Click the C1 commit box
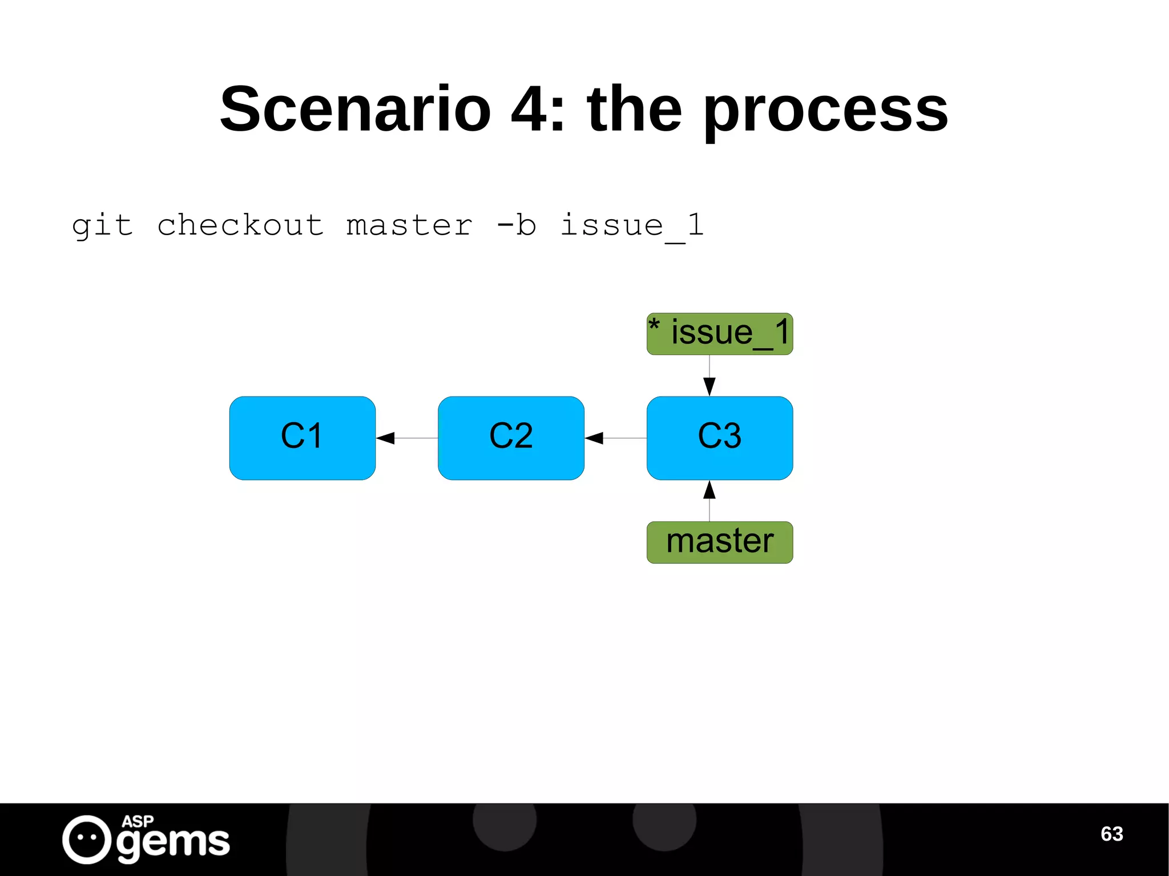coord(302,438)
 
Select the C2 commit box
coord(511,438)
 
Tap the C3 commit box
coord(719,438)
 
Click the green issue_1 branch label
coord(719,334)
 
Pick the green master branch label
coord(719,542)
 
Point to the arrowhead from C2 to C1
coord(385,438)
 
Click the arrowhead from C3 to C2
coord(594,438)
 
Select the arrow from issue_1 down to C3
coord(710,377)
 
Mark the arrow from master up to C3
coord(710,500)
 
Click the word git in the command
coord(103,225)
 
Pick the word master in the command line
coord(409,225)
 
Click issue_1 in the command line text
coord(632,225)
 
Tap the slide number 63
coord(1111,834)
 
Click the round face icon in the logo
coord(87,839)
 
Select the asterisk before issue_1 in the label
coord(654,325)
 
